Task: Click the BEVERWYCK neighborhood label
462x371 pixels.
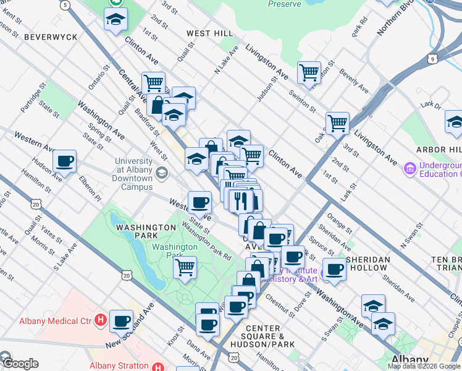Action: click(51, 37)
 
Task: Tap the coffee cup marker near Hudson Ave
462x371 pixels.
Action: click(64, 162)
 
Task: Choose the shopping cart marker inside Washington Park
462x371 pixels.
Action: click(185, 268)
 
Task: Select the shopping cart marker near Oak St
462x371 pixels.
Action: click(337, 123)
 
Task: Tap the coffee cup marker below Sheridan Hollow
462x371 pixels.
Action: click(334, 269)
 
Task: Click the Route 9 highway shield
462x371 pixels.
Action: click(433, 59)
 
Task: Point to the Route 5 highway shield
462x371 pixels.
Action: click(65, 4)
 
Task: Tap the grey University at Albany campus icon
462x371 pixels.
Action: click(162, 173)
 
